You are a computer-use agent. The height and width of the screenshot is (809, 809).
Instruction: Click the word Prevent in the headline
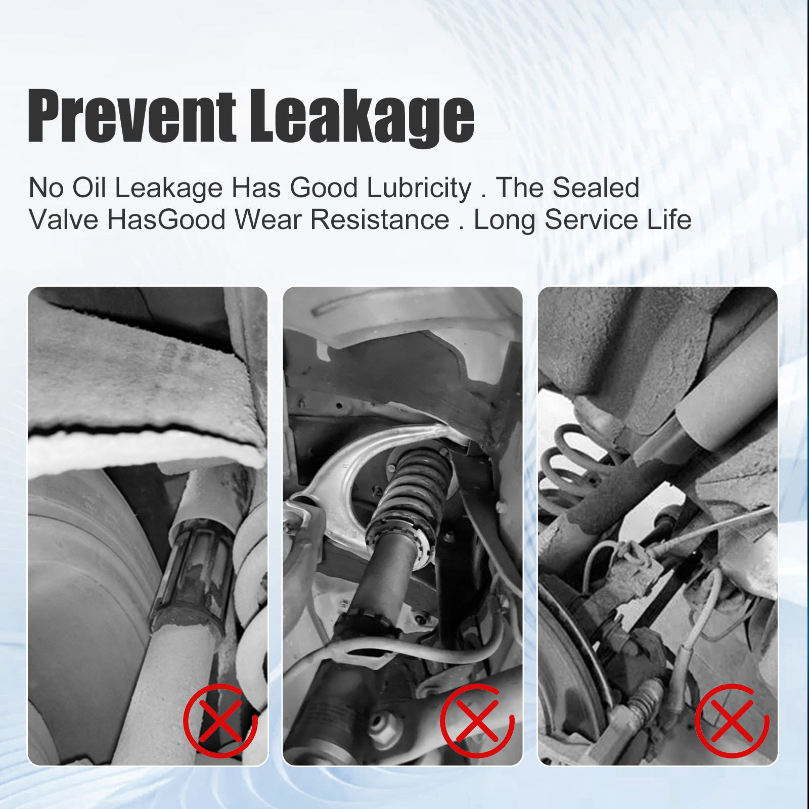pos(131,115)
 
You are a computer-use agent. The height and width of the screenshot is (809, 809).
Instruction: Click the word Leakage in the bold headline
pos(362,117)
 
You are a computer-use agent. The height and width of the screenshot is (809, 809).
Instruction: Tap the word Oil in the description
pos(89,188)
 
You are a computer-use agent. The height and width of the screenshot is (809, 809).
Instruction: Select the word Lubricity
pos(419,189)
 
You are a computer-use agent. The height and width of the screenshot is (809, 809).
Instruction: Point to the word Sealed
pos(596,188)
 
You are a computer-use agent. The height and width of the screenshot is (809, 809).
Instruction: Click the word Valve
pos(64,219)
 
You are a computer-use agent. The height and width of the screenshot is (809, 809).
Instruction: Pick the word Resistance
pos(380,219)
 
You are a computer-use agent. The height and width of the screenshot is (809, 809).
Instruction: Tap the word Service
pos(592,219)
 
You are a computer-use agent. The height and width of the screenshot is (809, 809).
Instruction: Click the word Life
pos(669,219)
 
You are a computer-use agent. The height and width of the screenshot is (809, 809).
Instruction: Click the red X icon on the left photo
pos(220,721)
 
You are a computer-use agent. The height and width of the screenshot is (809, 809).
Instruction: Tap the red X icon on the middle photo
pos(477,721)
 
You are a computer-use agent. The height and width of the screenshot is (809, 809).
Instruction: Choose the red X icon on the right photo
pos(732,721)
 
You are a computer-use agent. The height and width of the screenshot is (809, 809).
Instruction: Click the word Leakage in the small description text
pos(169,189)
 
